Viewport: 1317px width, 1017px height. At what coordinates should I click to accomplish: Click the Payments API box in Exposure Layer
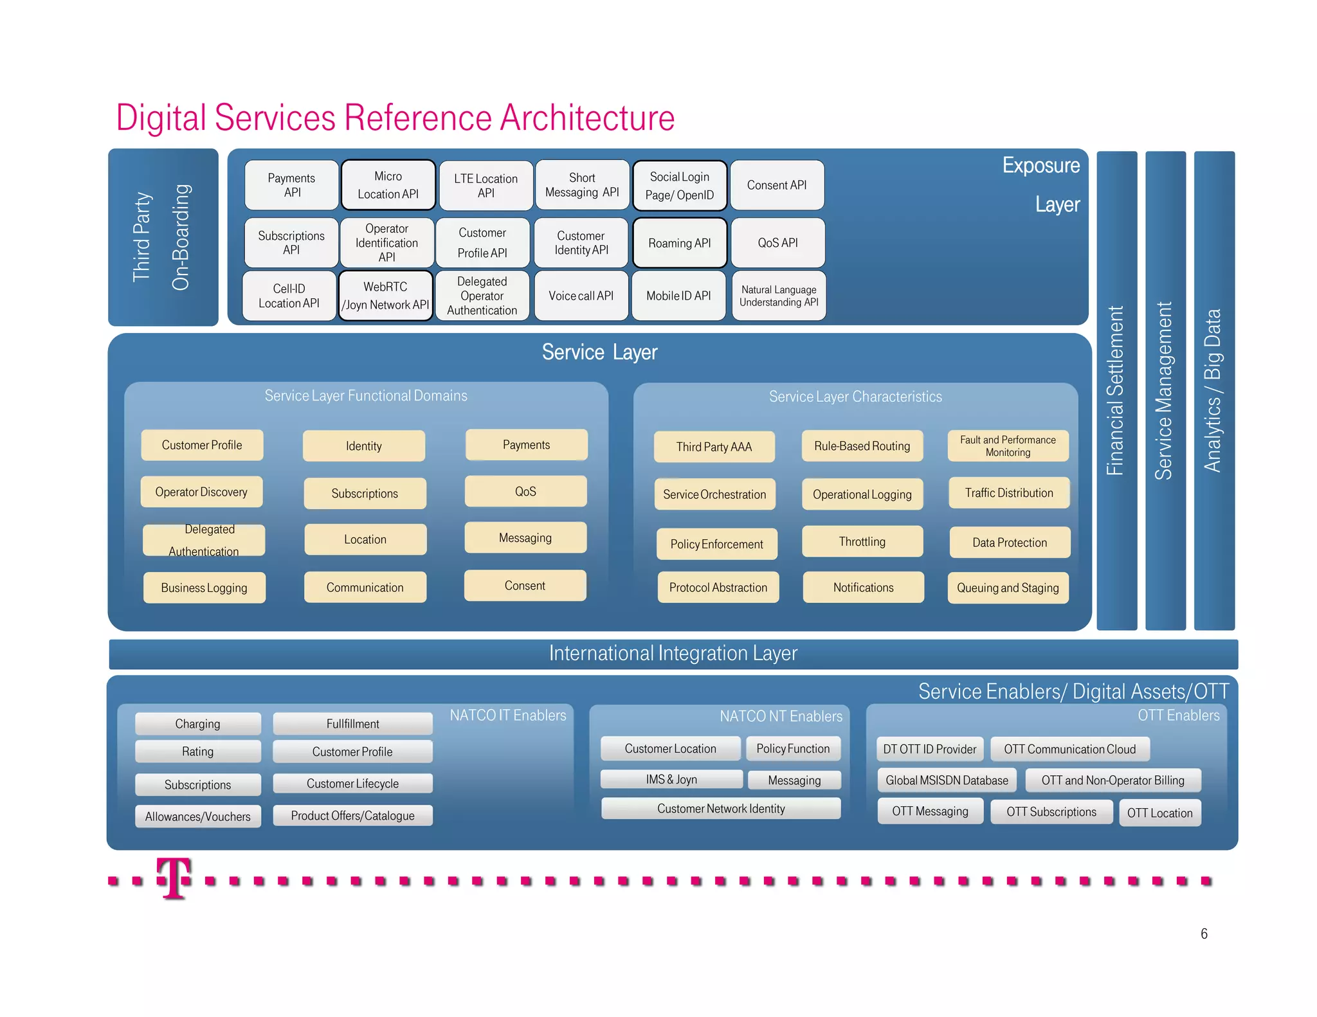(x=291, y=185)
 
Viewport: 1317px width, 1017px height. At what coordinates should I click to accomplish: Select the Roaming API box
(x=680, y=243)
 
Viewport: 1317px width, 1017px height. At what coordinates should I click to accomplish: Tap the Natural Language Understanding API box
(x=779, y=296)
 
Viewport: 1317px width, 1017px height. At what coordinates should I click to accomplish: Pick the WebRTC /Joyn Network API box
(x=385, y=296)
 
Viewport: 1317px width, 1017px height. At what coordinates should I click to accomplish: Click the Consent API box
(x=777, y=185)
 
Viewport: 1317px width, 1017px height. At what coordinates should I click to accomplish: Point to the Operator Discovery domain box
(x=201, y=492)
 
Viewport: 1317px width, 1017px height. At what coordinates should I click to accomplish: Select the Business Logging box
(x=204, y=588)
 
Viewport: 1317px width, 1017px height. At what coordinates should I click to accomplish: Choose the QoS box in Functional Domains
(x=525, y=492)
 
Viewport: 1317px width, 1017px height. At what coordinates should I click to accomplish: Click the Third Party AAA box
(x=714, y=447)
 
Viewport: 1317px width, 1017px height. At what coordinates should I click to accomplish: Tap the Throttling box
(x=862, y=541)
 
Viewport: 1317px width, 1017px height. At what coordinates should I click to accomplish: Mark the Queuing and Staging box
(x=1008, y=588)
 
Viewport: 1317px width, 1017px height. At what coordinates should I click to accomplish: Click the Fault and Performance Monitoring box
(x=1008, y=446)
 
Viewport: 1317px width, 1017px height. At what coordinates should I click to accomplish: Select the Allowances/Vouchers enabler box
(x=197, y=816)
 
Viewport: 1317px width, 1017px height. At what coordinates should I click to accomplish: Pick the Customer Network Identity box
(x=721, y=809)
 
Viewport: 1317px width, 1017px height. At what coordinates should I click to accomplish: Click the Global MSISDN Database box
(x=947, y=780)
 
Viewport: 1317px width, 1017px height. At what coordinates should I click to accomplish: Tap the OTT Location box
(x=1159, y=813)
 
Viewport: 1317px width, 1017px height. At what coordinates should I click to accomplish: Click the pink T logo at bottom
(x=174, y=878)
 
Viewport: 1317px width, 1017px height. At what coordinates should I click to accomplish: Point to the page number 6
(x=1204, y=933)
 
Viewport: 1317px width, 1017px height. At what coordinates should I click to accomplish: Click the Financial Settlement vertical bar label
(x=1116, y=390)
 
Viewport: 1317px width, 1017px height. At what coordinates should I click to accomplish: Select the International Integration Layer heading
(x=673, y=653)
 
